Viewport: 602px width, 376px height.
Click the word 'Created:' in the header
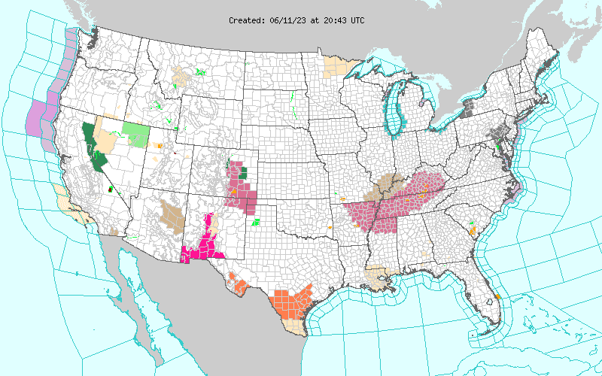[x=246, y=20]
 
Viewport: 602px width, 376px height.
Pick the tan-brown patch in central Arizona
[x=172, y=215]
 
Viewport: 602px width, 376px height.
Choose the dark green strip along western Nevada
[x=94, y=147]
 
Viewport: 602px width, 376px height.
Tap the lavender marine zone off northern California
[x=38, y=117]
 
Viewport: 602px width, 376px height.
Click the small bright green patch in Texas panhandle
[x=256, y=222]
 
